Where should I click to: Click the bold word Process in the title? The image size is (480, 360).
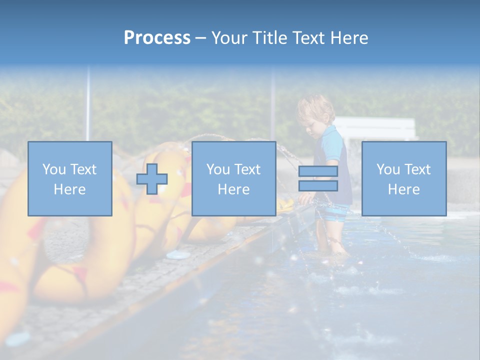coord(157,38)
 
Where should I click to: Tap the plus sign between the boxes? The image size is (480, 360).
coord(152,179)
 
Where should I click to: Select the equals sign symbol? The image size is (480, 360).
coord(318,178)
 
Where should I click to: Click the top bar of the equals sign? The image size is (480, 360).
coord(318,171)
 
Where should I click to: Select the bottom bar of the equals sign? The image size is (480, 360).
coord(318,186)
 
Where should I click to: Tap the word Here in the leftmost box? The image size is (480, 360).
coord(69,189)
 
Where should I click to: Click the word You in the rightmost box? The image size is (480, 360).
coord(388,169)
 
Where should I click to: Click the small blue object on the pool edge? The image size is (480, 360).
coord(178,255)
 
